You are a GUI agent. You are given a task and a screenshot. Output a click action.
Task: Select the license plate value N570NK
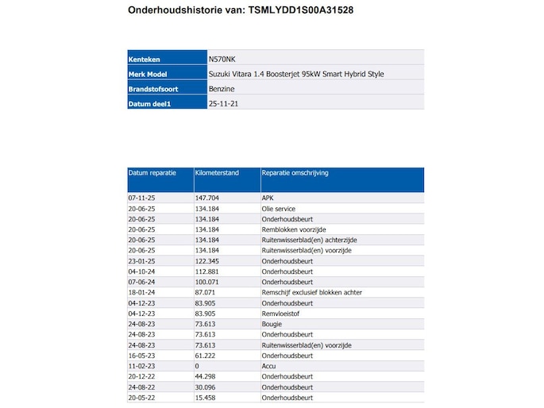222,58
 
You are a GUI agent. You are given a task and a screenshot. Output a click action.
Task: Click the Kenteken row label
144,58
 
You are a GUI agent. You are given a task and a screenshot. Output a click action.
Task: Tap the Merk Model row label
148,74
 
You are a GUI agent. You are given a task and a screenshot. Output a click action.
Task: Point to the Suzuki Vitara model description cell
295,74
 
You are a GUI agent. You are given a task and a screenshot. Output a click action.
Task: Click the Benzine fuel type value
221,89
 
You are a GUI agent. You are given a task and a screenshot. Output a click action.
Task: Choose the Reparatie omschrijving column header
295,172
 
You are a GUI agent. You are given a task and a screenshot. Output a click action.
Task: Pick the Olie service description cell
279,208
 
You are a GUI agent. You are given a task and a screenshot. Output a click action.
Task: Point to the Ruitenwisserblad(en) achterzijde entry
307,240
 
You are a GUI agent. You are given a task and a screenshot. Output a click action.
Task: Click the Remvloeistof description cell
280,314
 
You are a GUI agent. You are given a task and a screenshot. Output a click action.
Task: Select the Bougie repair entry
272,324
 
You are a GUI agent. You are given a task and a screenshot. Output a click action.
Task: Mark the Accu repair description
268,366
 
